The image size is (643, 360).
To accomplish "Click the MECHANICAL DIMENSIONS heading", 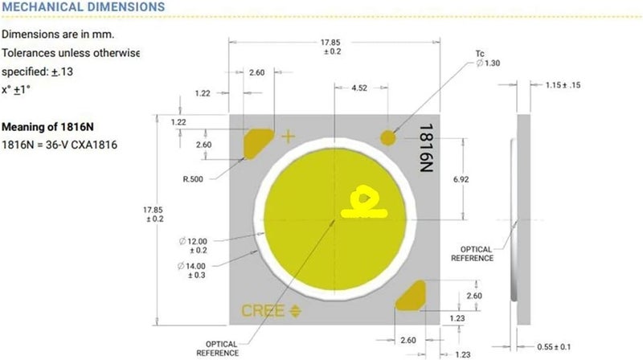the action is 84,7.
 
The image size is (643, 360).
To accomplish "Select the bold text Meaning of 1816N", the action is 47,127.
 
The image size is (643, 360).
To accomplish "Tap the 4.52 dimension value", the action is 359,88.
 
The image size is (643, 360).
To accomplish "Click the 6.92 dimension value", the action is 461,179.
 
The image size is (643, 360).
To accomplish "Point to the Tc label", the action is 480,54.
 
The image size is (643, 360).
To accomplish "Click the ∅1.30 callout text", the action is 488,63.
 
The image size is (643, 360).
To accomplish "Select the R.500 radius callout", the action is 193,179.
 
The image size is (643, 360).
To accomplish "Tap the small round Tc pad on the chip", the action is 388,137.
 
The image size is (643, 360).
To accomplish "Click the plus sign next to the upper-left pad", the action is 289,137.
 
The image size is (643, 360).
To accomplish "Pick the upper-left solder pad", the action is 257,143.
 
